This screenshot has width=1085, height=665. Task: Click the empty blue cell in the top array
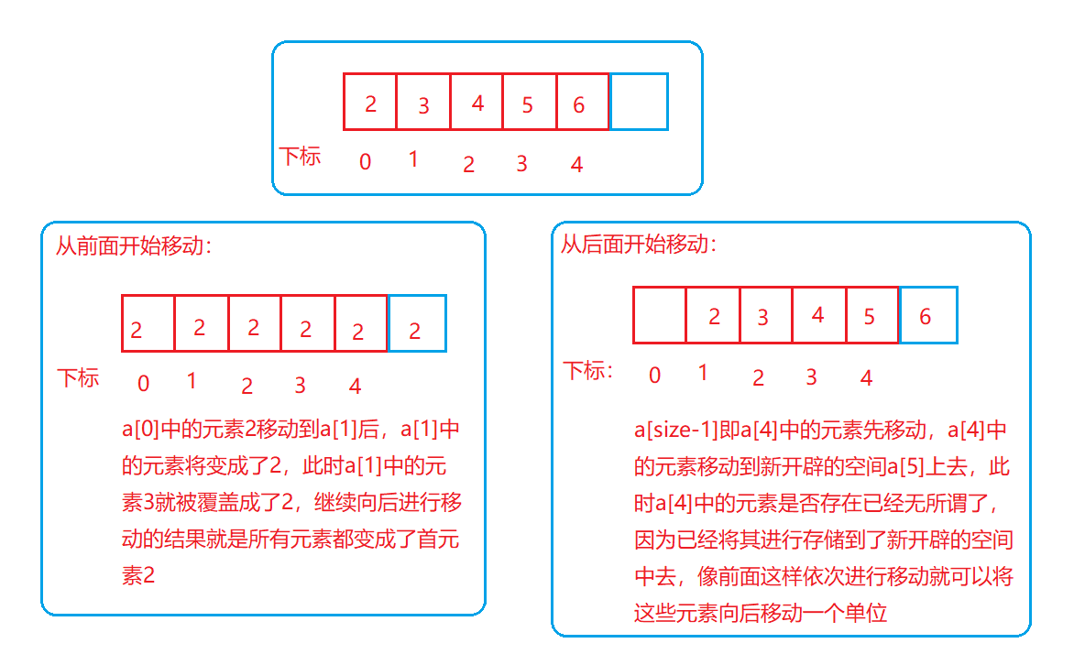(639, 102)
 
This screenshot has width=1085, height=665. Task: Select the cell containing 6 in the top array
(582, 102)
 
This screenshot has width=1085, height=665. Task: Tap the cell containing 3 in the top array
(423, 102)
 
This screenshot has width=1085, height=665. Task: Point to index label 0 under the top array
(366, 162)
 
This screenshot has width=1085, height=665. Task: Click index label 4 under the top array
(576, 165)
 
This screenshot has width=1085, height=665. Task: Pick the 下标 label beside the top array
(300, 156)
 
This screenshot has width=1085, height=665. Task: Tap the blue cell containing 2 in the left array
(417, 323)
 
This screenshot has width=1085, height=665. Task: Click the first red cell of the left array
(148, 323)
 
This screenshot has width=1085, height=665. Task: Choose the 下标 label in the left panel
(79, 377)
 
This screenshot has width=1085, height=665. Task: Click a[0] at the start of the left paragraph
(140, 431)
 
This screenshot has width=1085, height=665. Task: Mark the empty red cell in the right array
(659, 316)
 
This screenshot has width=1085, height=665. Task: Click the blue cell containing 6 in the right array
(928, 316)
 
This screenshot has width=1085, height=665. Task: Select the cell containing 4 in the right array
(818, 316)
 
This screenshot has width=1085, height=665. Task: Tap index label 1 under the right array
(703, 373)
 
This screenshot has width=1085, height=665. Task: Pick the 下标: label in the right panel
(589, 371)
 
